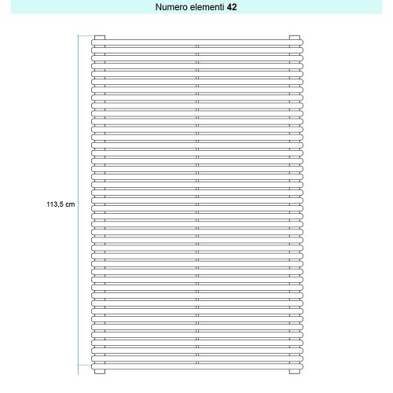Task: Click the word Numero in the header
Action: [172, 6]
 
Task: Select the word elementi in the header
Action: [207, 6]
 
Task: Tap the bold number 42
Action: [232, 6]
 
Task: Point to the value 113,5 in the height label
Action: [55, 204]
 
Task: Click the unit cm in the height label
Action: [71, 204]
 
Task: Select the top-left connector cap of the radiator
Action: [99, 37]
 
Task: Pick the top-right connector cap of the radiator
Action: [294, 37]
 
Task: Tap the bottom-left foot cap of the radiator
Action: [99, 371]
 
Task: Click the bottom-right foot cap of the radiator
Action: [294, 371]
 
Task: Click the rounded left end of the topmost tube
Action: [93, 43]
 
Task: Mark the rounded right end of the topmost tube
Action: [300, 43]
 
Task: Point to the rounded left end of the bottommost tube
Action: [93, 365]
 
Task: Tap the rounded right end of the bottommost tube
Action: [300, 365]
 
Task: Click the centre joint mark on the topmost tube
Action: [196, 43]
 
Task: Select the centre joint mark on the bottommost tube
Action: [196, 365]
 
